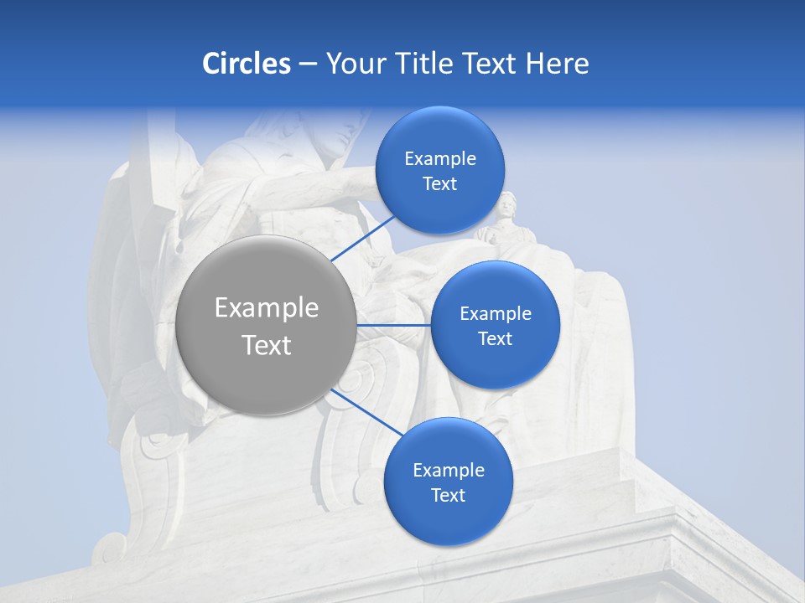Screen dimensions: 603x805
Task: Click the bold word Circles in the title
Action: [x=246, y=63]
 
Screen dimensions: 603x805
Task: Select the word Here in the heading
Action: [x=557, y=63]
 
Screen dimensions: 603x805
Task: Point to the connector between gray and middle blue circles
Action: [x=394, y=325]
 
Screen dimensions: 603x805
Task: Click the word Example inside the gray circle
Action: [x=267, y=308]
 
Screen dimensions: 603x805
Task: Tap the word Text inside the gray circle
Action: [x=267, y=345]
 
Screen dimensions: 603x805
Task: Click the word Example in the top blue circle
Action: [x=440, y=159]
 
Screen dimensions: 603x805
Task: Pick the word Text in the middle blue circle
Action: [x=495, y=339]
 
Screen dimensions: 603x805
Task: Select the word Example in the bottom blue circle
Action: [x=449, y=471]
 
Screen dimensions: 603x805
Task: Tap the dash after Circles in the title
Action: [x=308, y=64]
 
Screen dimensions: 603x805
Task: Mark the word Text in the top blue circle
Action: [x=439, y=184]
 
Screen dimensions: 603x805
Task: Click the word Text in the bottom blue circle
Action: [x=448, y=496]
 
